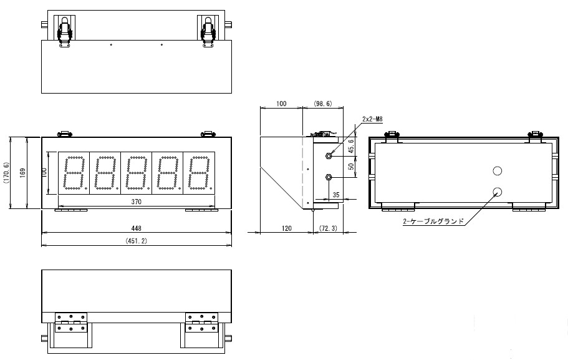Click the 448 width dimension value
coord(135,228)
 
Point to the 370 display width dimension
coord(135,202)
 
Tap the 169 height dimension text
coord(22,173)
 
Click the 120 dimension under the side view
coord(286,229)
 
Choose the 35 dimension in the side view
coord(337,195)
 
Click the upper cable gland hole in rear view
coord(497,171)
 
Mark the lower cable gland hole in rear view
coord(497,192)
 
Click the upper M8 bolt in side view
coord(328,153)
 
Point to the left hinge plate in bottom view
coord(70,324)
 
